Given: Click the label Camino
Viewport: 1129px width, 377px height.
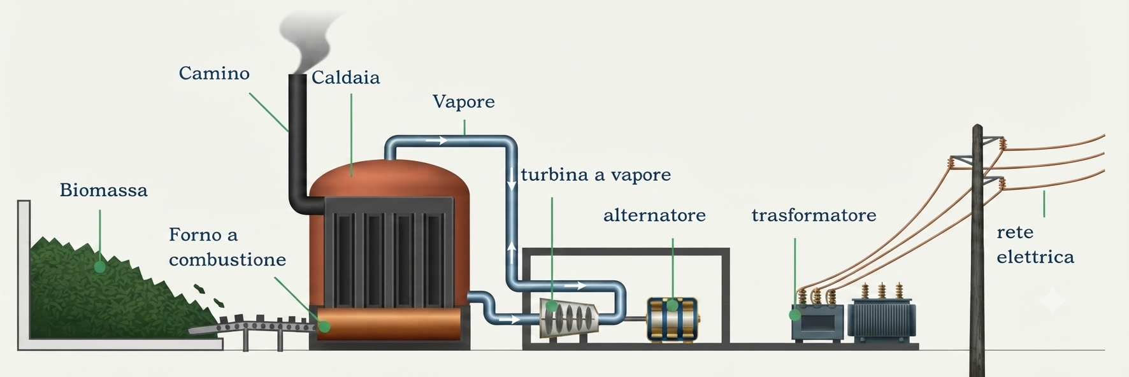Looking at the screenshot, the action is click(214, 73).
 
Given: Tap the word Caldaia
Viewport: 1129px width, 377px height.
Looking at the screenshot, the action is click(346, 78).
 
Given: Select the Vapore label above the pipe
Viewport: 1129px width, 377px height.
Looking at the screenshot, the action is click(464, 102).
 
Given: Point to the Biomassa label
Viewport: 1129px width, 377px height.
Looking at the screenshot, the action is click(104, 190).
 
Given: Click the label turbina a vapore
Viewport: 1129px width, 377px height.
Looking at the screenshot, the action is click(596, 174).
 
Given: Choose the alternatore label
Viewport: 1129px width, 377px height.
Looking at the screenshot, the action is click(654, 215).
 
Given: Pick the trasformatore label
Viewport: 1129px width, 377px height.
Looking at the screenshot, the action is click(814, 215).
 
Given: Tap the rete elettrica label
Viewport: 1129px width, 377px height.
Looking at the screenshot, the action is click(1035, 245).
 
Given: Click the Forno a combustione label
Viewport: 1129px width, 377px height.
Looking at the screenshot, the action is click(227, 247).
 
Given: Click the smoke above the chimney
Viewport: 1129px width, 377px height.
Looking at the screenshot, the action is click(312, 41).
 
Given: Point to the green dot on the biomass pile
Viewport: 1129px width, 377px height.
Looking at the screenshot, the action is click(99, 266).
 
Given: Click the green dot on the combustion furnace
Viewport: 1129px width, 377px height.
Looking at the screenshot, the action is click(324, 326).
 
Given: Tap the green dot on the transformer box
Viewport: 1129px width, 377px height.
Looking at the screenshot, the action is click(795, 314).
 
